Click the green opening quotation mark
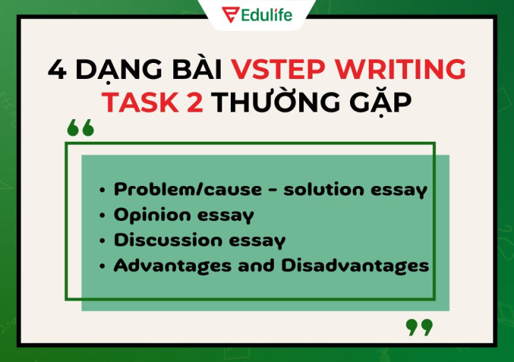pos(80,128)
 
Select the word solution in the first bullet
pos(325,190)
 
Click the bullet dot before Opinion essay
pos(102,216)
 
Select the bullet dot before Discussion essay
pos(102,241)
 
